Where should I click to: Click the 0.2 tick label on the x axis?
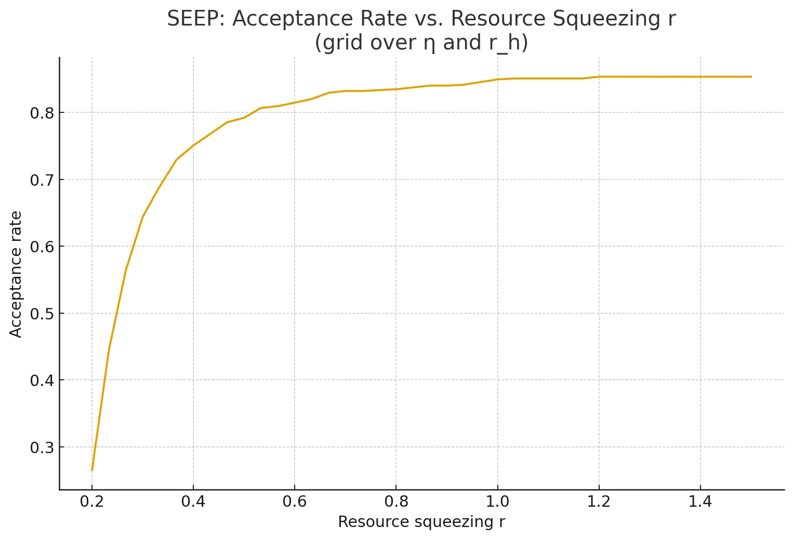click(92, 503)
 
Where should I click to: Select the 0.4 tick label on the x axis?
click(193, 503)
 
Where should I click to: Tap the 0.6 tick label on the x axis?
click(295, 503)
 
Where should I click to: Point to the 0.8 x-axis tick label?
click(396, 503)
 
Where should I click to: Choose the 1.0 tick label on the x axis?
click(497, 503)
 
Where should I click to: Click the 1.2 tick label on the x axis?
click(599, 503)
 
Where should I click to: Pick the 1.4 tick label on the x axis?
click(700, 503)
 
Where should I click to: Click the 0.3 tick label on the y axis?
click(41, 447)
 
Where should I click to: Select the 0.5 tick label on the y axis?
click(41, 313)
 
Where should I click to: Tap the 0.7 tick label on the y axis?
click(41, 179)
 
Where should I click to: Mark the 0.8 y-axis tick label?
click(41, 112)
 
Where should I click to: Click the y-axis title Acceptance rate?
click(16, 274)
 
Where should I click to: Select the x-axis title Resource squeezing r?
click(421, 522)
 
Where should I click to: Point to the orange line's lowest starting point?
click(92, 470)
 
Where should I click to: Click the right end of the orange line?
click(751, 76)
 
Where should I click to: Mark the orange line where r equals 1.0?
click(497, 79)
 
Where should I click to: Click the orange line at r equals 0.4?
click(193, 145)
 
